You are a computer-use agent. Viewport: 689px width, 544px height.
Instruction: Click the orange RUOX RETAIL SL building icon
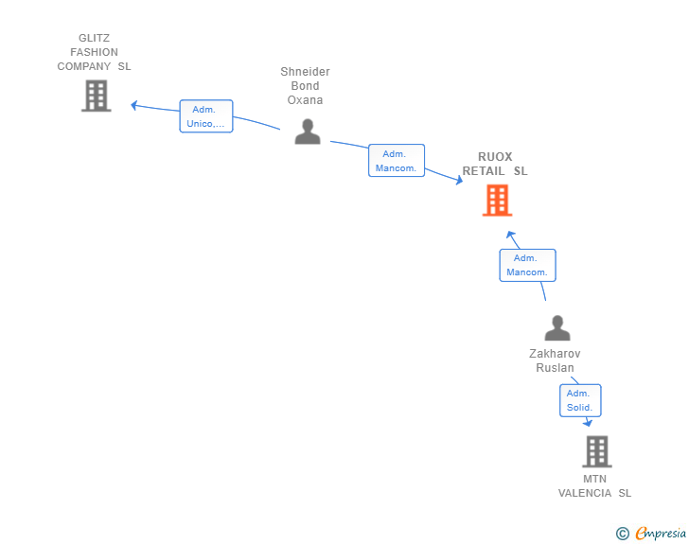(x=497, y=201)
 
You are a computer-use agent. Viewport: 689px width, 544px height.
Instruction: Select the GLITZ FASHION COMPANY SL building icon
(x=97, y=96)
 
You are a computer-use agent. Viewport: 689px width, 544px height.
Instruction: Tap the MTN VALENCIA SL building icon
(x=597, y=451)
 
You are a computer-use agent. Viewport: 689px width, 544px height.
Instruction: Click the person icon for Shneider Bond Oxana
(x=308, y=132)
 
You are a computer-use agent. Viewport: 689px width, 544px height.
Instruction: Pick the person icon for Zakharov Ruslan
(x=557, y=327)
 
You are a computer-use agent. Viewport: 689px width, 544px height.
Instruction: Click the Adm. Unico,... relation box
(x=206, y=116)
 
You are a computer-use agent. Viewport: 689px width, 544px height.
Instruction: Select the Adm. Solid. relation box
(x=580, y=400)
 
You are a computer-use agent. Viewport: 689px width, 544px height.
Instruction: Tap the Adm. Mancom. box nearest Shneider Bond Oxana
(x=397, y=161)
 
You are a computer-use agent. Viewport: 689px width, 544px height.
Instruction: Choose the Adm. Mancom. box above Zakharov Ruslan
(x=527, y=265)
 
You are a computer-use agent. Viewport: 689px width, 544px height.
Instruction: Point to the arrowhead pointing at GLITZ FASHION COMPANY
(x=134, y=105)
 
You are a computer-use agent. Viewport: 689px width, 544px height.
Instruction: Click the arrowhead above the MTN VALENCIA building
(x=588, y=423)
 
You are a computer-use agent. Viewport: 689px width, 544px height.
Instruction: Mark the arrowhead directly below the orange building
(x=510, y=235)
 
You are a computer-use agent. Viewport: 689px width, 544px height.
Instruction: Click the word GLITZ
(x=94, y=38)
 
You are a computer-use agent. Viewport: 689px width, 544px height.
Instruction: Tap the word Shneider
(x=305, y=72)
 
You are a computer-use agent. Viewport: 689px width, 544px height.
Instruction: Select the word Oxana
(x=305, y=100)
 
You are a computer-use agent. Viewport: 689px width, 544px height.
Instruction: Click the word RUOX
(x=495, y=157)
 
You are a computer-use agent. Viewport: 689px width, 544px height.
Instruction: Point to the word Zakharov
(x=555, y=354)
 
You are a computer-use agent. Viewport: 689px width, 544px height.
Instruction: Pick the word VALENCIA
(x=585, y=493)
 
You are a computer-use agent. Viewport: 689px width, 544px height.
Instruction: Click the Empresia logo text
(x=661, y=534)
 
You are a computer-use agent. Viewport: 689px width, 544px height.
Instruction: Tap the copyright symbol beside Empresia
(x=623, y=534)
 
